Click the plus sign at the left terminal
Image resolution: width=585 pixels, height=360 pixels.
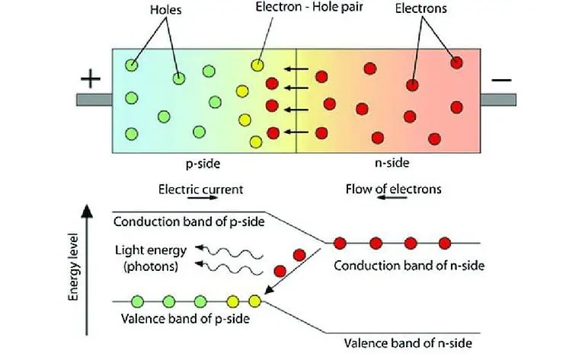coord(90,79)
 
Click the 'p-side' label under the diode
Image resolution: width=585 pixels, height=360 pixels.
coord(203,162)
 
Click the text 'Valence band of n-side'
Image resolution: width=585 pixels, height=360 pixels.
coord(404,342)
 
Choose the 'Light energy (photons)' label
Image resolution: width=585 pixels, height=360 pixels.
coord(149,257)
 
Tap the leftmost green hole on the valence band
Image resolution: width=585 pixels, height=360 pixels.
coord(138,301)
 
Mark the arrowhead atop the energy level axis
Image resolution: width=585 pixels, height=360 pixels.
coord(91,209)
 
